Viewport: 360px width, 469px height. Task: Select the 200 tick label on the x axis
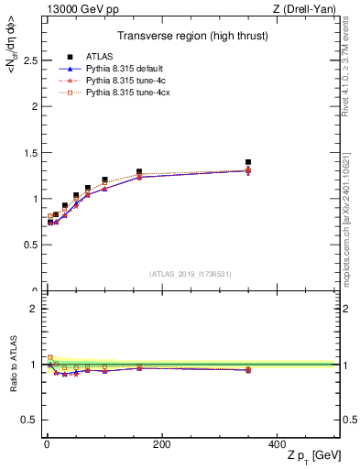[161, 444]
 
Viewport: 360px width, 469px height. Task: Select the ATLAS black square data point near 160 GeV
[139, 171]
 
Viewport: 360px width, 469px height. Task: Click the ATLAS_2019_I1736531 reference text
[190, 274]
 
